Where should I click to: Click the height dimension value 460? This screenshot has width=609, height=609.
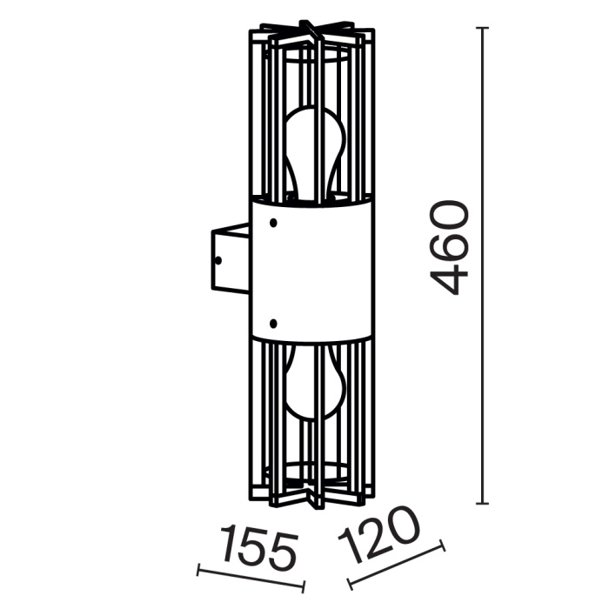(x=450, y=248)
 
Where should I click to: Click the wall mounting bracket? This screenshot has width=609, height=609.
(x=230, y=258)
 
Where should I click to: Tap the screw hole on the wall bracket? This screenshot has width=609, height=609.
(x=219, y=258)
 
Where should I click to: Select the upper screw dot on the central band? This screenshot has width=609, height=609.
(x=273, y=223)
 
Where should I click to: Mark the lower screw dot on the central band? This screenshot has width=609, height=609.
(x=273, y=323)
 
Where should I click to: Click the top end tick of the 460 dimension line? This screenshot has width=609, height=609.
(x=483, y=29)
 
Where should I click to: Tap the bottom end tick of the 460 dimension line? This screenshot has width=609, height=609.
(x=483, y=504)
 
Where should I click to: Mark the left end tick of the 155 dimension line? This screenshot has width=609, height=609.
(x=199, y=572)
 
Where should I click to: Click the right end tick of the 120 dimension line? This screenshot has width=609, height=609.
(x=444, y=546)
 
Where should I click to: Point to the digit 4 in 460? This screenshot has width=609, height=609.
(x=450, y=278)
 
